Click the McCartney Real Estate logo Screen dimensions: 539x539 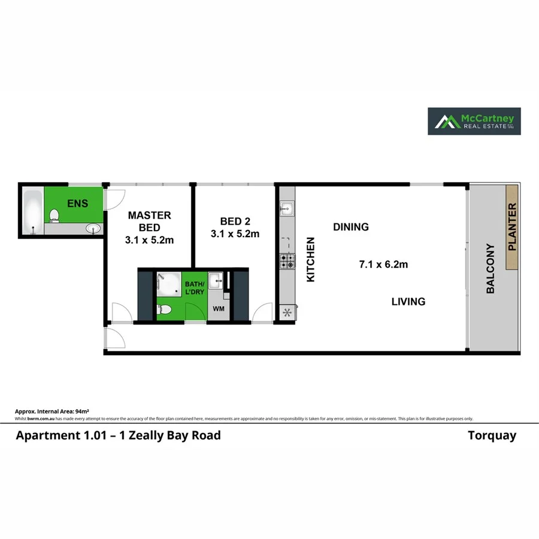(473, 121)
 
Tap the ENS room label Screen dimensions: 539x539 (77, 204)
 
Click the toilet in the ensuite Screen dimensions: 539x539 (54, 215)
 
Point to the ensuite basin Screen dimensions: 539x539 (93, 228)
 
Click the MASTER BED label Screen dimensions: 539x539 (149, 222)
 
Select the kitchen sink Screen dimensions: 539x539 (286, 210)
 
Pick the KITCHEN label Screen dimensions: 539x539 (311, 259)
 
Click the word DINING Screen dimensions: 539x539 (351, 227)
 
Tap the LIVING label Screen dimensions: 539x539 (408, 301)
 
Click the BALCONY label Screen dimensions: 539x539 (490, 268)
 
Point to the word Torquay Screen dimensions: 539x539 (492, 435)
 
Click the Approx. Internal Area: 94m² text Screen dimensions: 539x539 (52, 411)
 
